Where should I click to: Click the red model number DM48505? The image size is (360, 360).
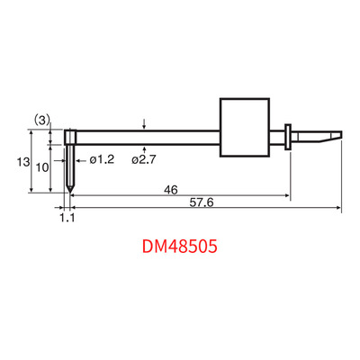(x=179, y=247)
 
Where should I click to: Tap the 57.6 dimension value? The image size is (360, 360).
(x=202, y=202)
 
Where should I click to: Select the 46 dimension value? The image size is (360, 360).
(x=171, y=190)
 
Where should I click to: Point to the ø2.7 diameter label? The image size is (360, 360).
(x=144, y=159)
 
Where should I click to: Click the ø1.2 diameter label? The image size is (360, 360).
(x=102, y=159)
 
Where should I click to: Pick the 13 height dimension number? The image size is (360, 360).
(x=23, y=162)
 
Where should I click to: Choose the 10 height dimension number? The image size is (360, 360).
(x=42, y=167)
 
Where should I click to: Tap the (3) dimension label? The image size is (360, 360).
(x=40, y=121)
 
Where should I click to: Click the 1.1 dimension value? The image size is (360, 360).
(x=67, y=218)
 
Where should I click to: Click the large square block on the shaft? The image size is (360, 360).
(x=245, y=128)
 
